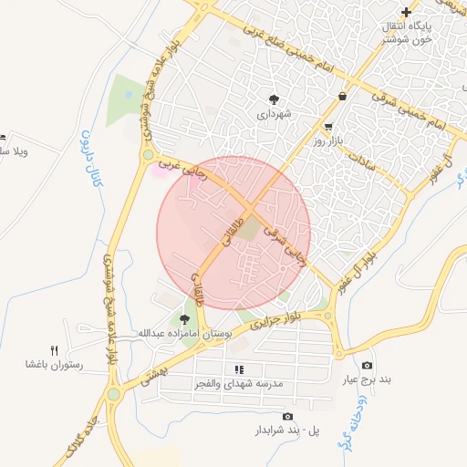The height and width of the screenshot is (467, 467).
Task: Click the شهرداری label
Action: [273, 116]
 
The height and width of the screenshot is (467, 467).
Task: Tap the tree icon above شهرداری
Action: [273, 99]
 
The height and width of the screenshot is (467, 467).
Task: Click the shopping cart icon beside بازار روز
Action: [327, 127]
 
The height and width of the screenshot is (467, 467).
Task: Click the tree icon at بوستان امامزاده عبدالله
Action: [185, 318]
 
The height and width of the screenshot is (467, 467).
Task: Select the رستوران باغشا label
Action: [54, 365]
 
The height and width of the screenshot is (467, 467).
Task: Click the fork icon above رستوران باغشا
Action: [54, 349]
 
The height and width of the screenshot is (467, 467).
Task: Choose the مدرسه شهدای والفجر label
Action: [239, 384]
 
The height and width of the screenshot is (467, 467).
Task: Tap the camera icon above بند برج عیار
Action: [367, 365]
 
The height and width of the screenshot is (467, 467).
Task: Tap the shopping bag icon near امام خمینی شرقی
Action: [342, 95]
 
